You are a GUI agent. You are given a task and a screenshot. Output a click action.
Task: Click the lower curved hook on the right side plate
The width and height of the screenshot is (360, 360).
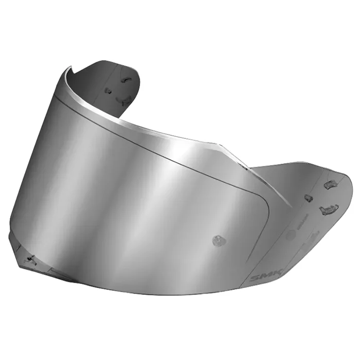pos(328,209)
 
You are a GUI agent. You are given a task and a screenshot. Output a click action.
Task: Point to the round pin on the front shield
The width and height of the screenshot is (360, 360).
pos(219,241)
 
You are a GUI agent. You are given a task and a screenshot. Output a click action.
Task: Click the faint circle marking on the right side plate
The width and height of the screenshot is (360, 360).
pos(292,235)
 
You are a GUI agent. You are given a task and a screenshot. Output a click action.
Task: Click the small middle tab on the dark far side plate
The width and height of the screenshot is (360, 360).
pos(107,90)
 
